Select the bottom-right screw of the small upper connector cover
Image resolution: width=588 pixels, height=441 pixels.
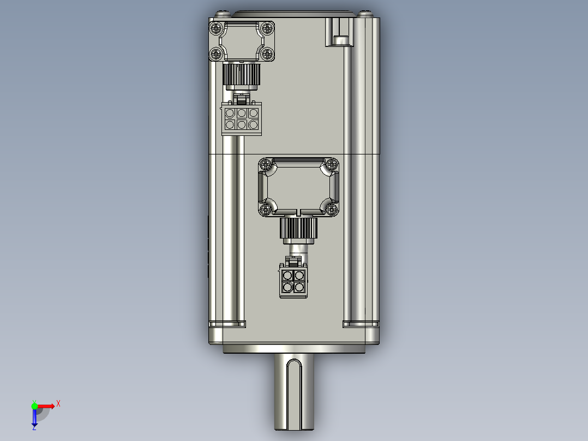(x=267, y=53)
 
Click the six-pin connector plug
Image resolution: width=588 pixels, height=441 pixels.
(x=241, y=118)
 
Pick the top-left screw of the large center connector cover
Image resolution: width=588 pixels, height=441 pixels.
(x=266, y=164)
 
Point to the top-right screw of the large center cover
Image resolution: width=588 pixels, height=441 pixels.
(x=331, y=164)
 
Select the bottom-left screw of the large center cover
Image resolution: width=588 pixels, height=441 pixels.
(x=266, y=210)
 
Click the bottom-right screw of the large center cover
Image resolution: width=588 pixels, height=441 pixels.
(x=331, y=210)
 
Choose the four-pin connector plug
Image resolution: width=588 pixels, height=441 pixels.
(x=293, y=281)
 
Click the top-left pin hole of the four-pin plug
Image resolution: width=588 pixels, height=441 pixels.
(x=287, y=276)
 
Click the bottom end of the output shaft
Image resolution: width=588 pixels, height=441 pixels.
(x=293, y=428)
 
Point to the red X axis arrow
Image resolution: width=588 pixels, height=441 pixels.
(x=46, y=406)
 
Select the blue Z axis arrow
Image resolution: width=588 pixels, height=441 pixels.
(x=34, y=418)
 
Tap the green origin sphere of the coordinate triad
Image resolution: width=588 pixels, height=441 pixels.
(x=34, y=406)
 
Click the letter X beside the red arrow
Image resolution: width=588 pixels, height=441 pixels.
(x=58, y=403)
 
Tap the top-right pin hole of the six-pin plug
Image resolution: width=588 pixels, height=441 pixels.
(x=253, y=113)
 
